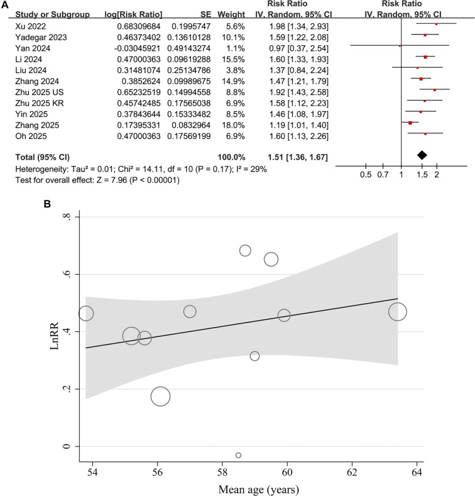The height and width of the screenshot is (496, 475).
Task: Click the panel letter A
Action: coord(5,4)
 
